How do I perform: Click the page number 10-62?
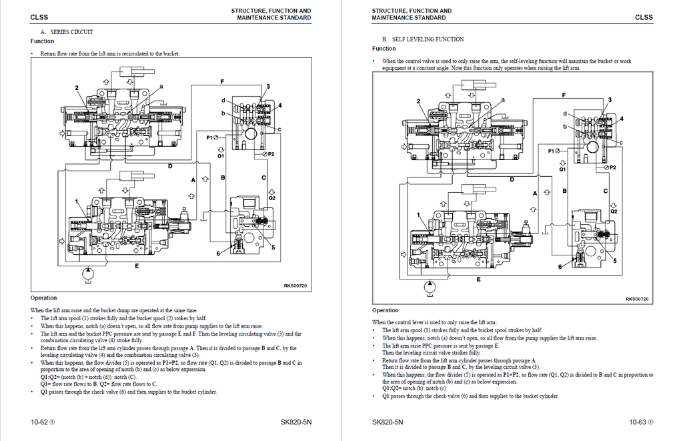click(42, 422)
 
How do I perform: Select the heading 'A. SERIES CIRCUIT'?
click(67, 32)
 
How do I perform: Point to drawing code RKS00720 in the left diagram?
click(295, 286)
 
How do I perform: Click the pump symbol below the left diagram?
click(87, 273)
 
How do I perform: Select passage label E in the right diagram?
click(478, 278)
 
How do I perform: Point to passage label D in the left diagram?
click(170, 165)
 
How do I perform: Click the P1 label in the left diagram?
click(210, 137)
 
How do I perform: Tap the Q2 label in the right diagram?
click(614, 210)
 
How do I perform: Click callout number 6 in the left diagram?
click(218, 254)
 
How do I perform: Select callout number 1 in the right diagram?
click(419, 215)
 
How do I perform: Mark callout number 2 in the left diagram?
click(77, 88)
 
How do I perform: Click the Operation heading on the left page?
click(44, 298)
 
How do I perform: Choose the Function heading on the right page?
click(384, 49)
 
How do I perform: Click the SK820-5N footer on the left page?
click(296, 422)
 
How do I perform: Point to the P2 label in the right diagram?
click(612, 167)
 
